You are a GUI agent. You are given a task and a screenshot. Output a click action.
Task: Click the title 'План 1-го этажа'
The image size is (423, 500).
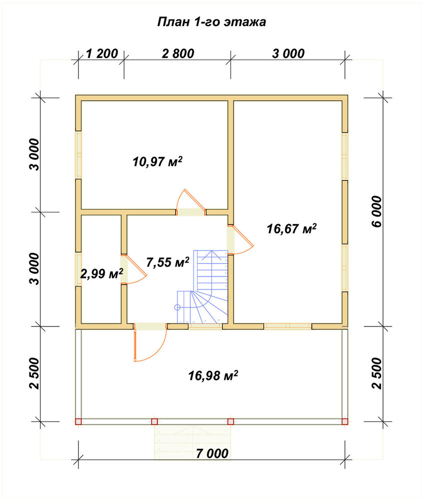[211, 22]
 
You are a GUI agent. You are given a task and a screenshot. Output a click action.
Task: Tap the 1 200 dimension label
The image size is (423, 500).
[102, 53]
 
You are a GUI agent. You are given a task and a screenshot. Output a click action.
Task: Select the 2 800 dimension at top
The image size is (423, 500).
[178, 53]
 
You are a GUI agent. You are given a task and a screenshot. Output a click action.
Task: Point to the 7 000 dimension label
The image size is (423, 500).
[212, 453]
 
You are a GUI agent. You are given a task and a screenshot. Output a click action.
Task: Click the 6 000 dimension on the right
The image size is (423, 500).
[376, 211]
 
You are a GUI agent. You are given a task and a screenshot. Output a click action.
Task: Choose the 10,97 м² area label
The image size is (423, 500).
[157, 161]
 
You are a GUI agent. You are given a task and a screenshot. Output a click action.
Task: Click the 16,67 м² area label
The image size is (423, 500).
[291, 228]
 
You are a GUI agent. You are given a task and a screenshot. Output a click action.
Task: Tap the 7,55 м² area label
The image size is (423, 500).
[168, 262]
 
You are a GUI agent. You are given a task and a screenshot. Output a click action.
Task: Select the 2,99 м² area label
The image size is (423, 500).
[101, 273]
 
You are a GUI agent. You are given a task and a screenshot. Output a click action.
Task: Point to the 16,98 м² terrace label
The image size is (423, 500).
[213, 375]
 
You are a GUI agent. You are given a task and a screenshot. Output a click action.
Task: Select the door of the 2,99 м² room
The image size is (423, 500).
[133, 269]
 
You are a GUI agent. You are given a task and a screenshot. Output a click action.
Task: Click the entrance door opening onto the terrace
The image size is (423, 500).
[150, 342]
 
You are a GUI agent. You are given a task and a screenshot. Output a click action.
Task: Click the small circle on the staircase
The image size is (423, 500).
[177, 307]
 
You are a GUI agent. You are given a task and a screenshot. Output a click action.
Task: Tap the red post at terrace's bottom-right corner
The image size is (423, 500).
[344, 421]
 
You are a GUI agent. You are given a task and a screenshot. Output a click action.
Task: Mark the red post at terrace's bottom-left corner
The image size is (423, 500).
[78, 421]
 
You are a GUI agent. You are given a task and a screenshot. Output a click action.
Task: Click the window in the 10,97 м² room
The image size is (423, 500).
[78, 154]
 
